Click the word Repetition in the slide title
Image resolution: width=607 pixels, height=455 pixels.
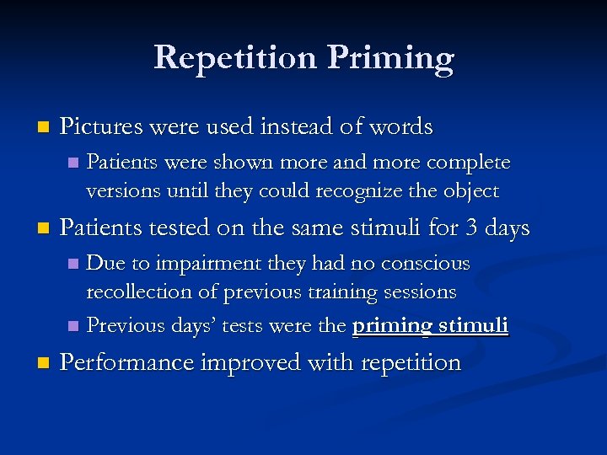coord(234,57)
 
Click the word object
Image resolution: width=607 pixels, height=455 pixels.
coord(470,191)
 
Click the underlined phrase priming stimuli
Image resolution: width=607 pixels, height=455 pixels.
coord(430,324)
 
